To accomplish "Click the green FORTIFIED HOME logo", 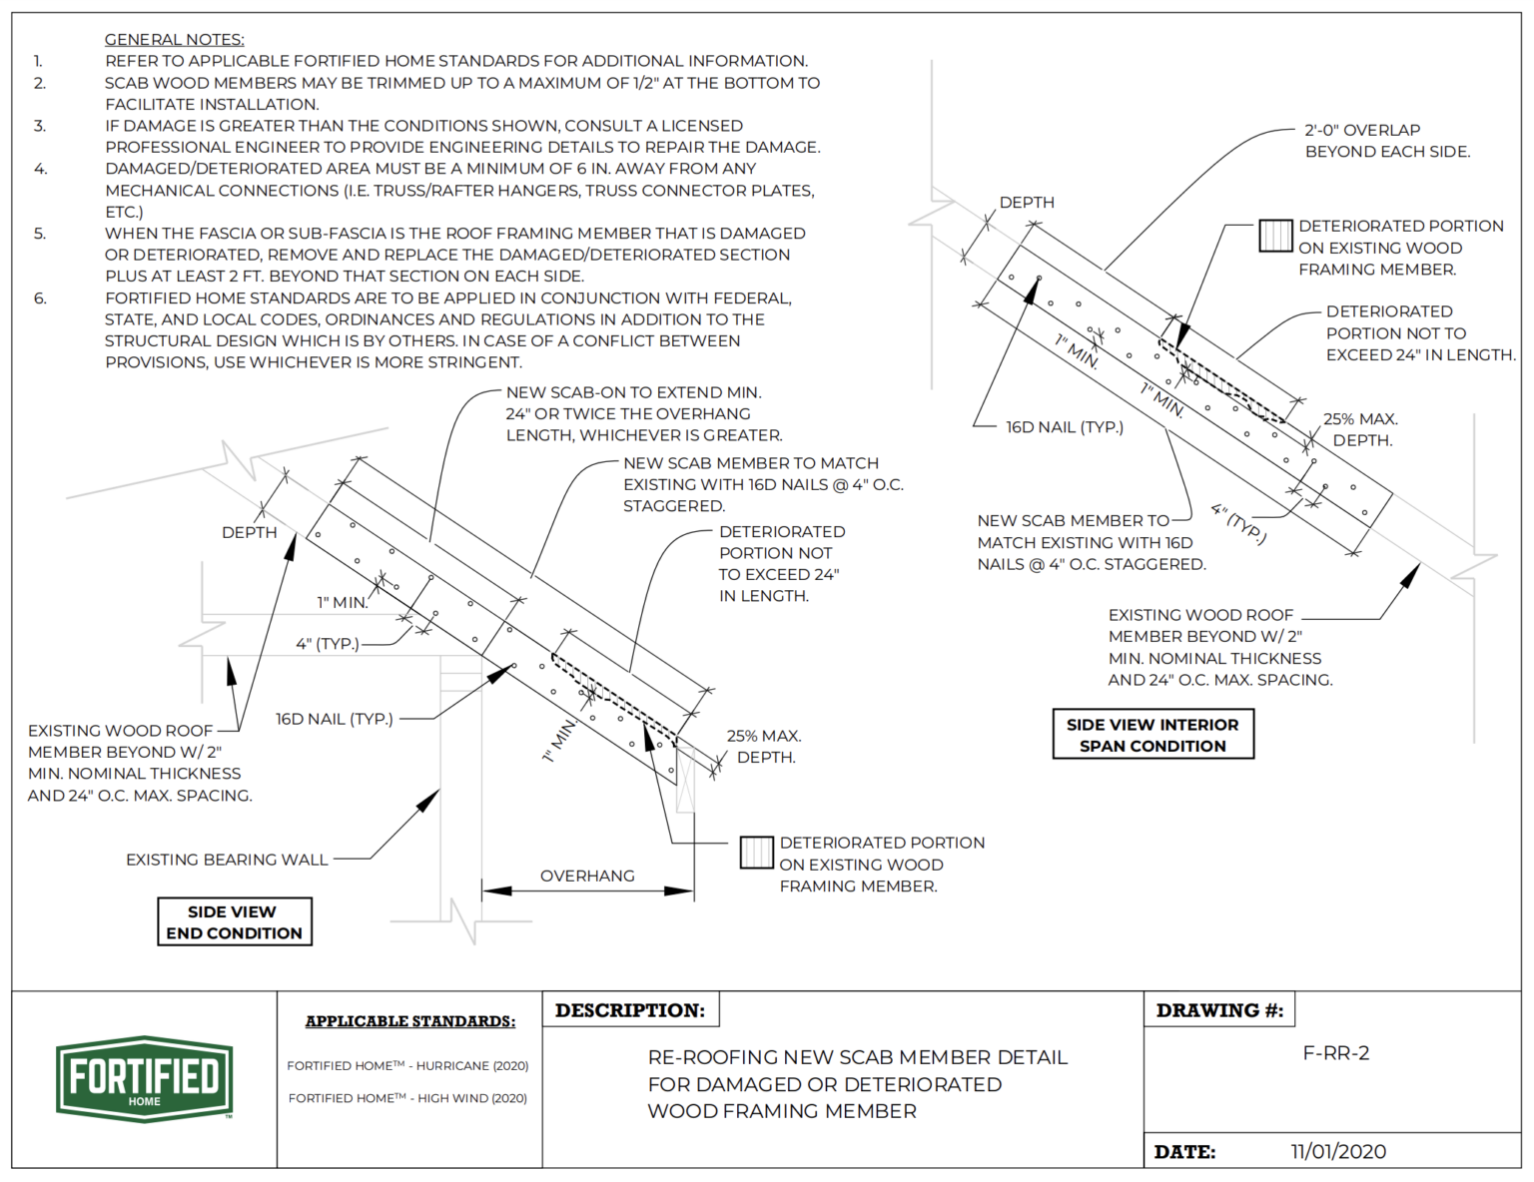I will click(x=145, y=1079).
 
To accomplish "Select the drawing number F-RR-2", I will click(x=1335, y=1053).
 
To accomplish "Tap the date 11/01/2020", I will click(x=1338, y=1151).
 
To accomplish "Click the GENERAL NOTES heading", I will click(x=174, y=39).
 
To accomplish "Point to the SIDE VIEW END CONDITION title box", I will click(x=235, y=921).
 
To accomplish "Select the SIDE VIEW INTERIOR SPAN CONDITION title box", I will click(x=1152, y=735).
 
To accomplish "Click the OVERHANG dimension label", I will click(x=587, y=876).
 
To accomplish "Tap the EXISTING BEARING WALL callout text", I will click(x=227, y=859).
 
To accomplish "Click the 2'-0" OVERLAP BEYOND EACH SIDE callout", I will click(x=1386, y=141).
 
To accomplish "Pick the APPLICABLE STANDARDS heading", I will click(x=410, y=1021).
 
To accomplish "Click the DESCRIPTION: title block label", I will click(x=630, y=1010).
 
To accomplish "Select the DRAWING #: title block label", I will click(x=1219, y=1010).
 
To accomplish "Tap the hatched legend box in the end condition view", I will click(x=756, y=853).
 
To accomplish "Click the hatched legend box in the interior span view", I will click(x=1275, y=236).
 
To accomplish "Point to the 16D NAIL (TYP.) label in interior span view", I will click(x=1064, y=427).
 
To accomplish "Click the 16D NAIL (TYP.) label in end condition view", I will click(x=335, y=719).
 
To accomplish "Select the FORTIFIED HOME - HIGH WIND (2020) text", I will click(x=407, y=1098).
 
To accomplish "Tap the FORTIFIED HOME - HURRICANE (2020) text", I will click(x=407, y=1066).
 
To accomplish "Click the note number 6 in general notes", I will click(x=40, y=297).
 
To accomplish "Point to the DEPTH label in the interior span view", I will click(x=1027, y=202).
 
